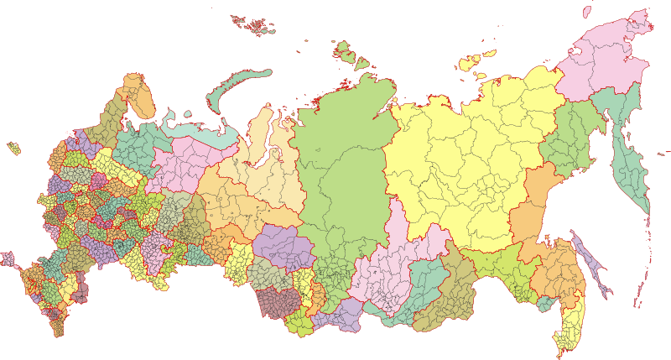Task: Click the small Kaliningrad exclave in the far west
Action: pos(13,149)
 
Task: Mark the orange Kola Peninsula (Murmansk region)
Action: pos(139,95)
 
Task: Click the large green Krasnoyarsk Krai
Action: pos(344,168)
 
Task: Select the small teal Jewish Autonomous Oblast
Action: pos(547,303)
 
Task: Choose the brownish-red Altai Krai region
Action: pos(277,301)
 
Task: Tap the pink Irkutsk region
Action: pos(394,260)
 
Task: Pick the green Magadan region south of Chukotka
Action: pos(570,138)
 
